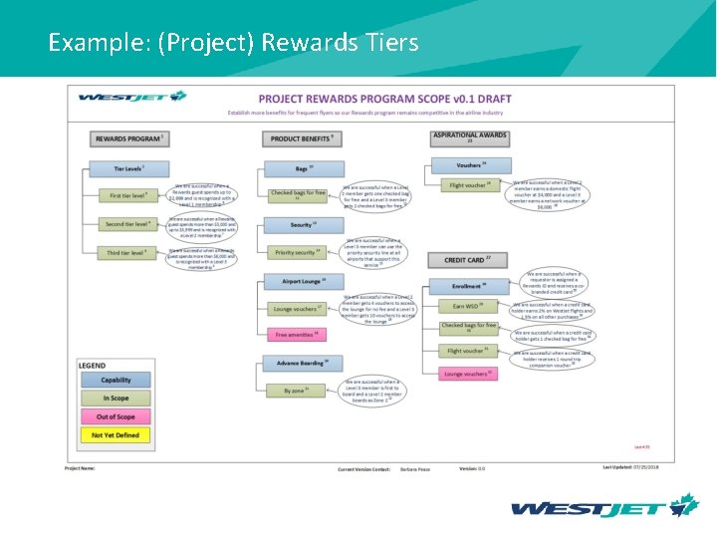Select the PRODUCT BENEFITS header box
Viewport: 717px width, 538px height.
303,138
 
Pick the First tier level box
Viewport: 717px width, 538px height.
128,195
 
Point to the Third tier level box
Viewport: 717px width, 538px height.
127,253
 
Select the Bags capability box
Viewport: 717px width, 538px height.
304,169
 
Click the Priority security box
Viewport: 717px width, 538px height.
297,253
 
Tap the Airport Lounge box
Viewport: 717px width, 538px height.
304,282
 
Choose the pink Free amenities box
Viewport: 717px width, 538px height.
297,335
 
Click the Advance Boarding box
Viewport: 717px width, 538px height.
303,363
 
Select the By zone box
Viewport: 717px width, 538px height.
297,391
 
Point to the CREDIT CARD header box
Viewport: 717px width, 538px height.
468,260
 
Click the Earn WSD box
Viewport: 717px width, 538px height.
467,306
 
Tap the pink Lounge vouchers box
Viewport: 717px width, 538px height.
467,374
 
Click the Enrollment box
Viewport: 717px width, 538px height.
468,286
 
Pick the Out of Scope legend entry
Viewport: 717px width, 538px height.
116,416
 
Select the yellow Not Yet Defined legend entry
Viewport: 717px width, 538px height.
116,435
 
